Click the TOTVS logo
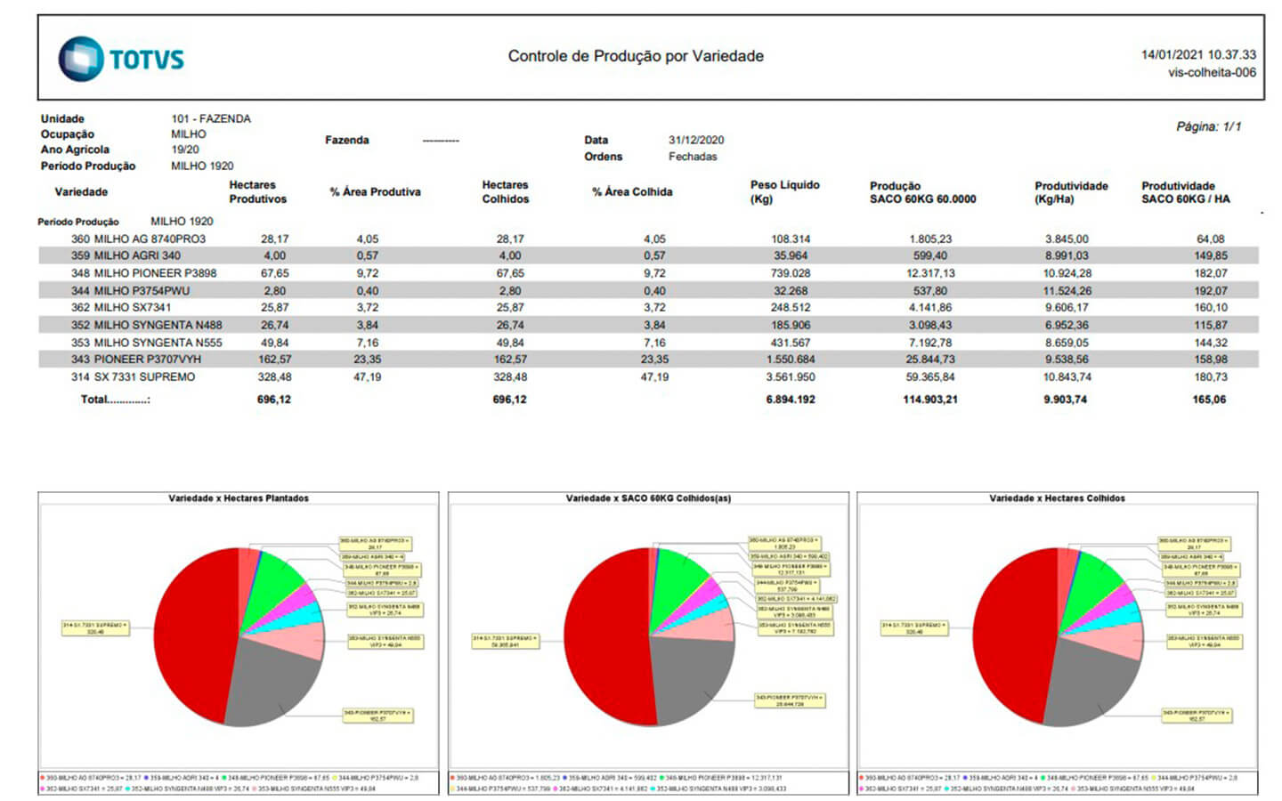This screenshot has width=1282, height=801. point(121,59)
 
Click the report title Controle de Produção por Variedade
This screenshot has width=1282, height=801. point(636,56)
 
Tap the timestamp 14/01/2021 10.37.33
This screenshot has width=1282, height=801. point(1198,54)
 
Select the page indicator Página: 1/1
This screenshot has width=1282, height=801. point(1208,126)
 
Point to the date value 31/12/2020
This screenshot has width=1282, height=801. point(696,140)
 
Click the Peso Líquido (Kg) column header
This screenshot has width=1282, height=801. point(784,191)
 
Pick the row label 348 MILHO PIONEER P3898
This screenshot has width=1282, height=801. point(144,273)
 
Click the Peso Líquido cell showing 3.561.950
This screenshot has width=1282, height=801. point(791,377)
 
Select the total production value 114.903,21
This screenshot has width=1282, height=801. point(929,400)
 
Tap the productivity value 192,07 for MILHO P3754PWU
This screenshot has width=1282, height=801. point(1210,291)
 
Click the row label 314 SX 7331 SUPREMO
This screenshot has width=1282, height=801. point(134,377)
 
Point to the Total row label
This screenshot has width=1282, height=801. point(115,400)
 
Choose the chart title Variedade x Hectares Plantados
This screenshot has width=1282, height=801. point(239,498)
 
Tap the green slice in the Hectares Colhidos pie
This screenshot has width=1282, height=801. point(1091,587)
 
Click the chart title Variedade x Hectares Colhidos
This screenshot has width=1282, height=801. point(1057,498)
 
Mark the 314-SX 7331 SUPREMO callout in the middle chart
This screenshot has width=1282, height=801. point(506,641)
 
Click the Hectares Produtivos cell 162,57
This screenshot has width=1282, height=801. point(274,360)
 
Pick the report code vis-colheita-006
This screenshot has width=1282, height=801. point(1212,72)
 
